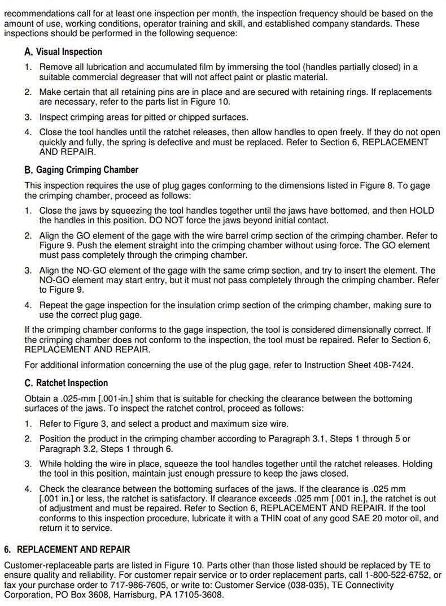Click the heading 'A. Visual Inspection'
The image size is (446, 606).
(63, 52)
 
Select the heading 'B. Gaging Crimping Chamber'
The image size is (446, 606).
(81, 170)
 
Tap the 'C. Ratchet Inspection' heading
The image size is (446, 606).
(66, 383)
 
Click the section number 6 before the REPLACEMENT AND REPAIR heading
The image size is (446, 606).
(7, 549)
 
